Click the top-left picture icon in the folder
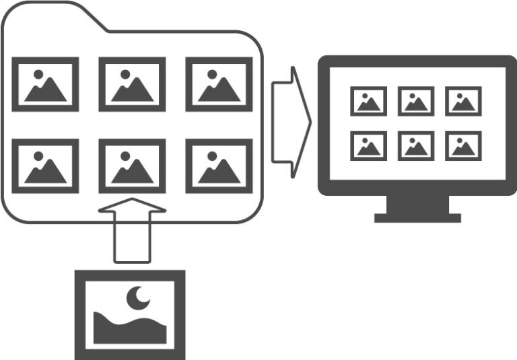click(45, 84)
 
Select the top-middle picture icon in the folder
click(132, 84)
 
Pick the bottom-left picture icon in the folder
click(45, 166)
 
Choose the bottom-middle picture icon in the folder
click(132, 166)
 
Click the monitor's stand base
click(417, 217)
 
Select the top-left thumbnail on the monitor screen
click(368, 101)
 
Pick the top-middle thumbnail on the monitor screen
click(415, 101)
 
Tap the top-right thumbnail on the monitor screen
click(463, 101)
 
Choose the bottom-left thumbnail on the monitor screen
click(368, 145)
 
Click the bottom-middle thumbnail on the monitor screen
click(415, 145)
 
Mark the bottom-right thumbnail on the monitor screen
click(463, 145)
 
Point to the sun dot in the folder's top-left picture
click(38, 74)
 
